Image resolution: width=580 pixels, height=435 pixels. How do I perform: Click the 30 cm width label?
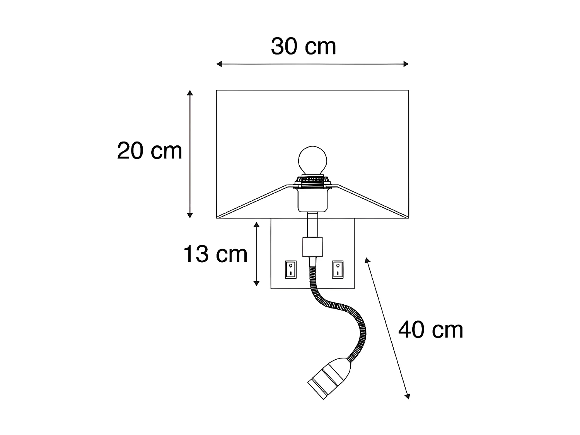[x=304, y=47]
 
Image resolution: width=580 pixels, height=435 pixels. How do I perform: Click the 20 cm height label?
[x=150, y=151]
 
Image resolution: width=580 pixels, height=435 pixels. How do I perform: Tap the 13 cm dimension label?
[x=215, y=254]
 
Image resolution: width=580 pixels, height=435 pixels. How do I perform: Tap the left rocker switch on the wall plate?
[x=290, y=270]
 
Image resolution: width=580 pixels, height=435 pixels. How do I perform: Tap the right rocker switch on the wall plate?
[x=337, y=270]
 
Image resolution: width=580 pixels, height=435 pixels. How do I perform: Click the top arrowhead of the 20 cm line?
[x=189, y=93]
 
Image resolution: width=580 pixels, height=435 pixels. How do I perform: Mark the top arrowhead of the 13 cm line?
[x=256, y=224]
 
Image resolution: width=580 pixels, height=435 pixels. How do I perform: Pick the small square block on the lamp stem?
[x=312, y=247]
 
